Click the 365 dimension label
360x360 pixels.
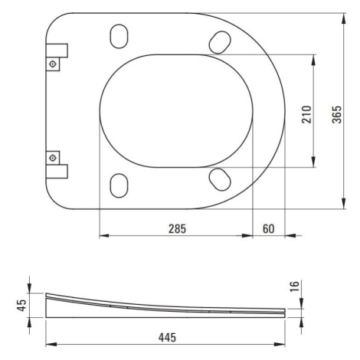click(x=337, y=114)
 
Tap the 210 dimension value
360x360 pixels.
click(x=306, y=114)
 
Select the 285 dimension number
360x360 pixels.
click(x=177, y=229)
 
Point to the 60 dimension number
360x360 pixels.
click(x=269, y=229)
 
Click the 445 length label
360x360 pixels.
click(x=167, y=338)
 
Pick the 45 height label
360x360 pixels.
click(x=21, y=305)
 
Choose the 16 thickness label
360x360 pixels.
click(x=294, y=286)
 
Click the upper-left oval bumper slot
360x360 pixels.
click(x=119, y=36)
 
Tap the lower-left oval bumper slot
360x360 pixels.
click(x=119, y=185)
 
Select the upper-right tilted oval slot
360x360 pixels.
click(x=220, y=42)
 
